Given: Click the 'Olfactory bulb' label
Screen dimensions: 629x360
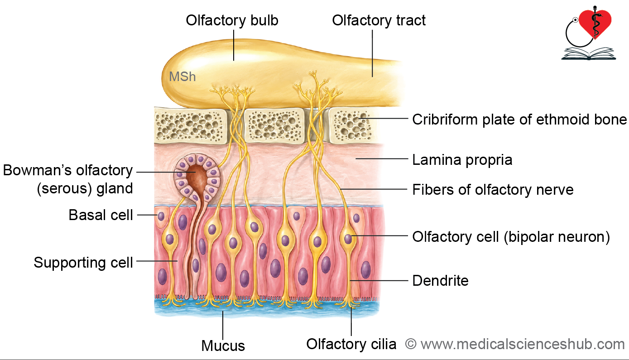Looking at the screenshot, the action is [232, 20].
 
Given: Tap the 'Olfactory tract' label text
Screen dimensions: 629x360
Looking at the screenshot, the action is [379, 20].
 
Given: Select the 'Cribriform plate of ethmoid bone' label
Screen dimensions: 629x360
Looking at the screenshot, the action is [519, 120].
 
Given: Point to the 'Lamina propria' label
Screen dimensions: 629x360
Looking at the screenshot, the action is [462, 160].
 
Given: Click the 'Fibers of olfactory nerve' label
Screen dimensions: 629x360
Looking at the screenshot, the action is [493, 190].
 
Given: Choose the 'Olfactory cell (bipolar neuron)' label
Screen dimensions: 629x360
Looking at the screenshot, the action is [511, 237].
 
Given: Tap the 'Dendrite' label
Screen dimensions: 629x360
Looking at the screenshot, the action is [440, 281].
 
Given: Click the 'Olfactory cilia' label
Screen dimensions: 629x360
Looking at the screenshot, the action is [351, 344].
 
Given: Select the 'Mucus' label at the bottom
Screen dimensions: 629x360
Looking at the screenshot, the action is [223, 346].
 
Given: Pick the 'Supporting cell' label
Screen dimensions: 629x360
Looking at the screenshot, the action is [83, 263].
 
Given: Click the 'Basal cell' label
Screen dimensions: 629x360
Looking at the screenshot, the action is [101, 215].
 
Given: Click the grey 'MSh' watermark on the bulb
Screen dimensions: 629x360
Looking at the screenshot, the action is [182, 77].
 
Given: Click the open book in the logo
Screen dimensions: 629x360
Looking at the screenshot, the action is [588, 54].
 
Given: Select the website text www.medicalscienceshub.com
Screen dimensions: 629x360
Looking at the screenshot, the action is [523, 344].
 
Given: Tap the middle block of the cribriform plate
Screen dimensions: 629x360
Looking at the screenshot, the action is [274, 125].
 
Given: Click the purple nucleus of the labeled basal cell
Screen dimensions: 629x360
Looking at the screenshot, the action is [161, 216].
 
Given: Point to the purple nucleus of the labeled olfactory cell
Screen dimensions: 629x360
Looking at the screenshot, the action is [348, 239].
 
